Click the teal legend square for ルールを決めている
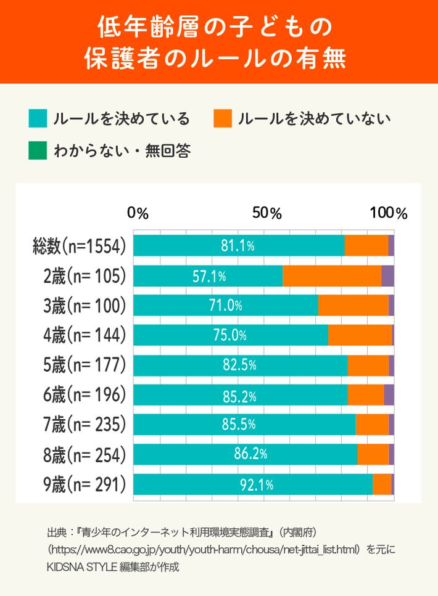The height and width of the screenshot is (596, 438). coord(38,118)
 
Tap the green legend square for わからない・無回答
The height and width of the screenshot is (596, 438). coord(38,150)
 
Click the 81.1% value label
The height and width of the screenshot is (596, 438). coord(238,246)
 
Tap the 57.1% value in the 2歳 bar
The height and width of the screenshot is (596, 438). coord(209,276)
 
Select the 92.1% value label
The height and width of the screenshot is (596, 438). coord(257,485)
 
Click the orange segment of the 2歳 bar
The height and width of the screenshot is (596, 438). coord(332,276)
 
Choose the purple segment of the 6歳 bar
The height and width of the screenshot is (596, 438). coord(389,395)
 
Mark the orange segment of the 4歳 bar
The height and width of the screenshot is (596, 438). coord(360,335)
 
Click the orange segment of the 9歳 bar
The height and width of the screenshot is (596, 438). coord(382,484)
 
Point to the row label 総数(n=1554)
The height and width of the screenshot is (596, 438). coord(80,246)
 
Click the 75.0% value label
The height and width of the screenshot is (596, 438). coord(226,335)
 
